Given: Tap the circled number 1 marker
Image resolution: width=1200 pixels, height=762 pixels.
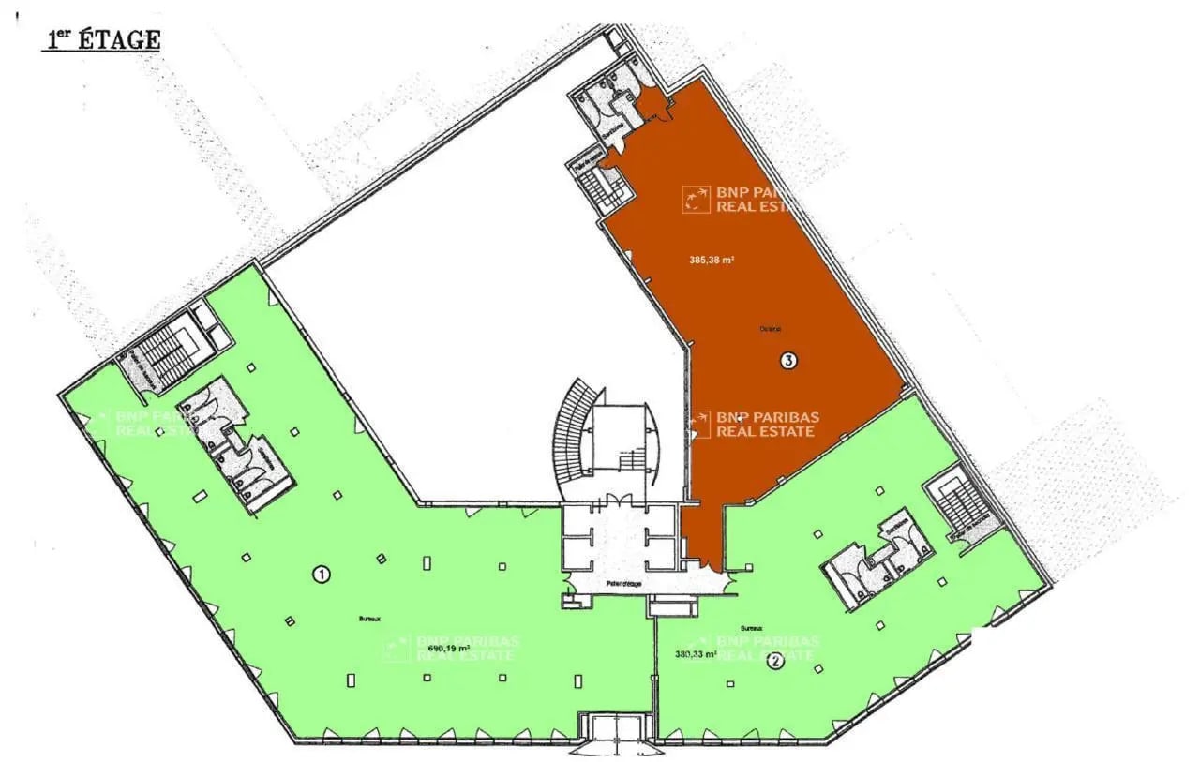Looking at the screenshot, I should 322,574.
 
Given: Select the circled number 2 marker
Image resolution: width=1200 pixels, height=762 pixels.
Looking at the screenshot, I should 775,662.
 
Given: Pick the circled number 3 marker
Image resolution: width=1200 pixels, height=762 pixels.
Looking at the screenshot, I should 788,361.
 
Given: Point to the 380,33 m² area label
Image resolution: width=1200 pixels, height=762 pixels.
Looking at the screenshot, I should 695,655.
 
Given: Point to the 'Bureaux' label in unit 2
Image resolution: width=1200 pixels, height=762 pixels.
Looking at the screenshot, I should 750,629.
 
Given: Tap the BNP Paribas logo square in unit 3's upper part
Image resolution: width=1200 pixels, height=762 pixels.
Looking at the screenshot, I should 697,199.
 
